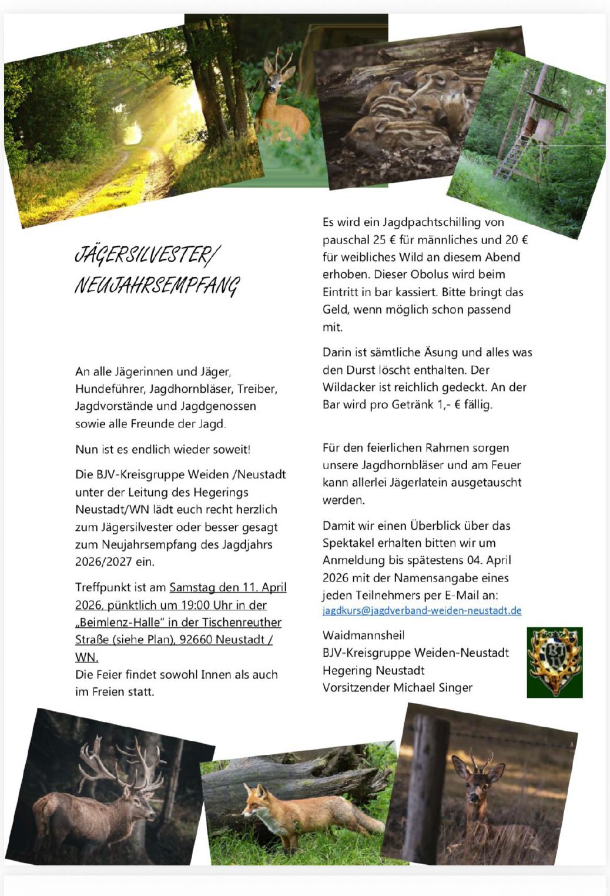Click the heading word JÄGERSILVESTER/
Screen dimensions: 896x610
(147, 255)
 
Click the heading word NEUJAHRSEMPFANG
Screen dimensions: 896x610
(157, 286)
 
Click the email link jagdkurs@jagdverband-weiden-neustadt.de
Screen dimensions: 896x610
(422, 610)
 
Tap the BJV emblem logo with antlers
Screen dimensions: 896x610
(554, 662)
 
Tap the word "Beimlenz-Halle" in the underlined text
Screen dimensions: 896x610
(120, 622)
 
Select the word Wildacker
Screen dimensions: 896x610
(348, 387)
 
